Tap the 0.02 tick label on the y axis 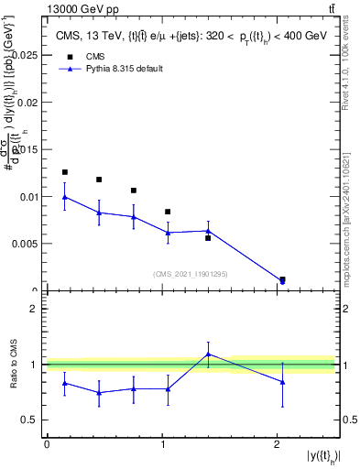pyautogui.click(x=28, y=103)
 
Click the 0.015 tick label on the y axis pyautogui.click(x=26, y=149)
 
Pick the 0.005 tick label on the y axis pyautogui.click(x=26, y=244)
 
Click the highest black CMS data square pyautogui.click(x=64, y=172)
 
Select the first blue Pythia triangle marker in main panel pyautogui.click(x=64, y=197)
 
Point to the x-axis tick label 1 pyautogui.click(x=162, y=443)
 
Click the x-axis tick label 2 pyautogui.click(x=278, y=443)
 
